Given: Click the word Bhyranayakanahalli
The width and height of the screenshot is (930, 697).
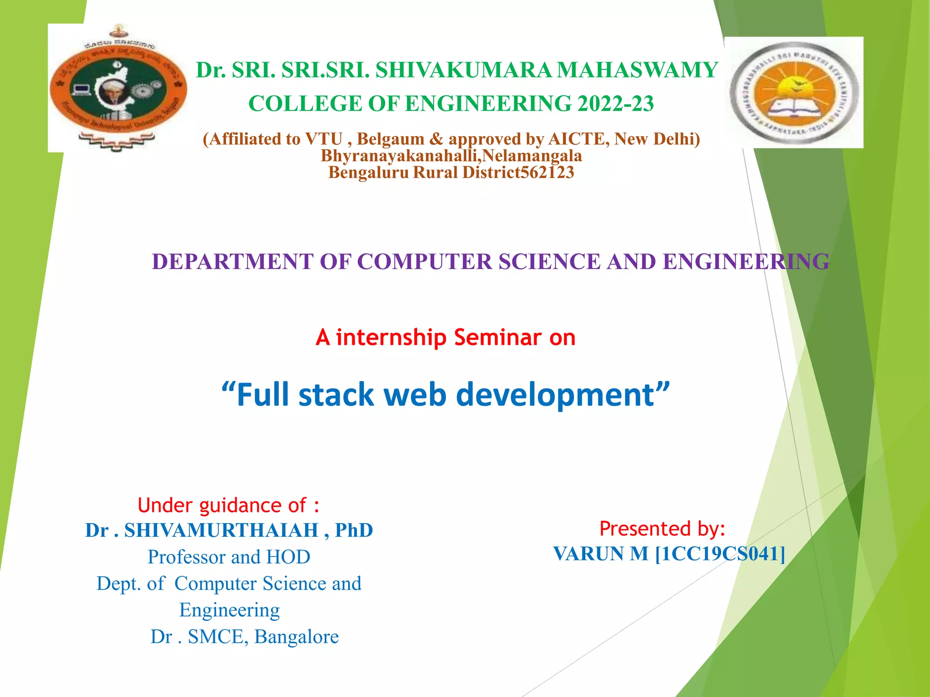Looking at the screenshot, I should (x=400, y=156).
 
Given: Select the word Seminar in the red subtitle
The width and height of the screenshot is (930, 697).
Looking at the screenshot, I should (x=498, y=338).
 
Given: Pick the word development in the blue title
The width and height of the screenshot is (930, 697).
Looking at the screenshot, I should (x=554, y=394).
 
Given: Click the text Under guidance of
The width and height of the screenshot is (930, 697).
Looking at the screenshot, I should (x=228, y=506).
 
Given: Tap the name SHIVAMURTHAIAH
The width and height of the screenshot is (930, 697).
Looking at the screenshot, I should (x=221, y=530).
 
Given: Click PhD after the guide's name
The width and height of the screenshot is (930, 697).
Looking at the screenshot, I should (x=354, y=530).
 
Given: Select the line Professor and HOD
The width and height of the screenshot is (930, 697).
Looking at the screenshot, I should (x=229, y=557).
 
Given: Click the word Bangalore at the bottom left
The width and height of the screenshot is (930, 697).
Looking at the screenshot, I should (x=296, y=637).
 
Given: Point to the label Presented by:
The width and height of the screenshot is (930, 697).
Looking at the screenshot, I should (x=662, y=529).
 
